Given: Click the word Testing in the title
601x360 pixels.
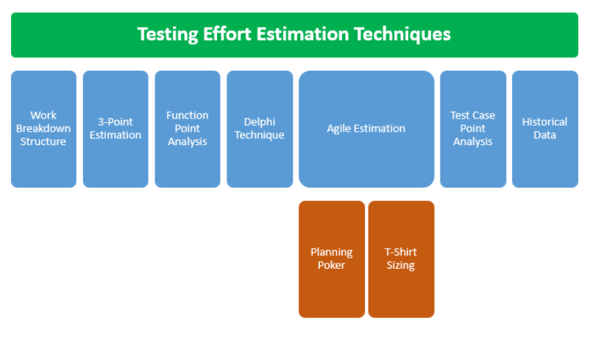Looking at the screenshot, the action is pos(168,35).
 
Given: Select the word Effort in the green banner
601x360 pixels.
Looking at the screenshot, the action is pos(227,34).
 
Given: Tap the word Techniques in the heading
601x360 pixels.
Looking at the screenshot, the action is pos(402,35).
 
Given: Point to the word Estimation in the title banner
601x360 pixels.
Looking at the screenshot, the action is pos(302,34).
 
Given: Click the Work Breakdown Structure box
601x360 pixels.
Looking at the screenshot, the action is pos(43,129).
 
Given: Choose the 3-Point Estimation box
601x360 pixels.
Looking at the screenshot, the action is pos(115,129).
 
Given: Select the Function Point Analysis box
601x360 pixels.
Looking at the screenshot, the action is pos(188,129).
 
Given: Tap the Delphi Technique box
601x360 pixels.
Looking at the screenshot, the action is pos(260,129).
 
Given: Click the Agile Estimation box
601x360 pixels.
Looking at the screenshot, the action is pos(366,129).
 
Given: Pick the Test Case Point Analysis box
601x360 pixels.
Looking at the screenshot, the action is pos(473,129).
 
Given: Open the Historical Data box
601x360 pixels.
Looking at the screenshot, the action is pos(545,129).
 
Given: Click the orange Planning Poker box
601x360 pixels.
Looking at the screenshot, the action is pos(332,259).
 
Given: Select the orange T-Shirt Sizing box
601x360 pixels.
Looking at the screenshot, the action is pos(402,259).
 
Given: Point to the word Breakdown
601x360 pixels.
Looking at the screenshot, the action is pos(43,128).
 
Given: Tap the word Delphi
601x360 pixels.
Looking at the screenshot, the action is pos(260,122).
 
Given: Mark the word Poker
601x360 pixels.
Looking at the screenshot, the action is pos(332,265).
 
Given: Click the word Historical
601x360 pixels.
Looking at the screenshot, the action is pos(544,121).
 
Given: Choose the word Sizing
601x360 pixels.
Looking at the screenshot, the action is pos(400,266).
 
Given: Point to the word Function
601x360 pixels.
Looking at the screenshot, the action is pos(188,115).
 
